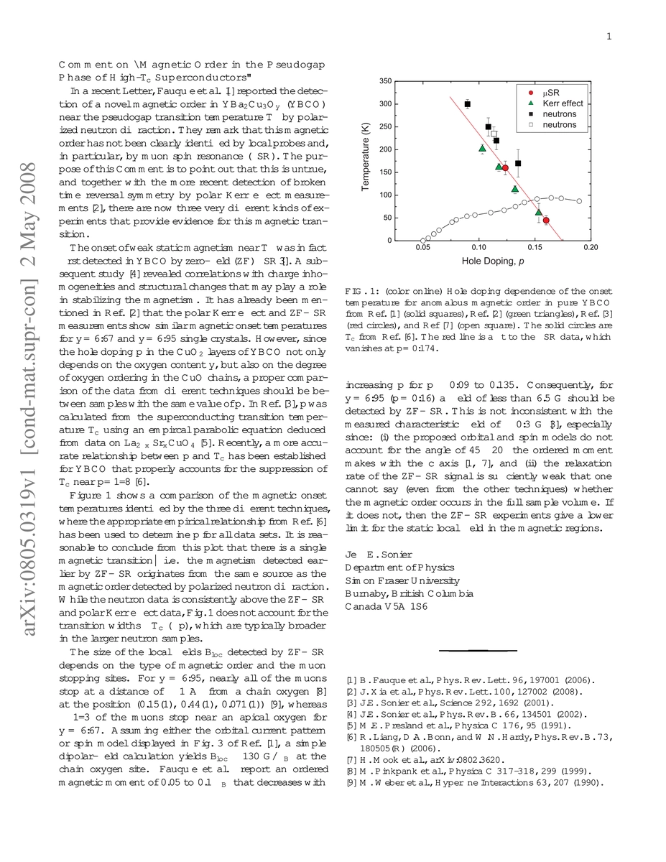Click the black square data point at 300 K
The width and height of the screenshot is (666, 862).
[x=468, y=104]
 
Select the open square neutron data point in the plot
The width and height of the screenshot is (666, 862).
[x=494, y=134]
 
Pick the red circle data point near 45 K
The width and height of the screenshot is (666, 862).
[x=546, y=221]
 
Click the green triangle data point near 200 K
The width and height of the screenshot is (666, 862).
[x=483, y=149]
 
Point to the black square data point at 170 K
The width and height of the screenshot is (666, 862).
[x=518, y=164]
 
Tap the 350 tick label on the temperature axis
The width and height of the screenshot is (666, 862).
[x=385, y=81]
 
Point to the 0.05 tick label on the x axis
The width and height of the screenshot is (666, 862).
[x=423, y=248]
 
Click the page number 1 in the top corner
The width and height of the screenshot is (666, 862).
[x=609, y=37]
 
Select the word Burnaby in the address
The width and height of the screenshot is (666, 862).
[x=366, y=593]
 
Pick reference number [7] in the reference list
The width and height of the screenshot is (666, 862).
[x=350, y=760]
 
